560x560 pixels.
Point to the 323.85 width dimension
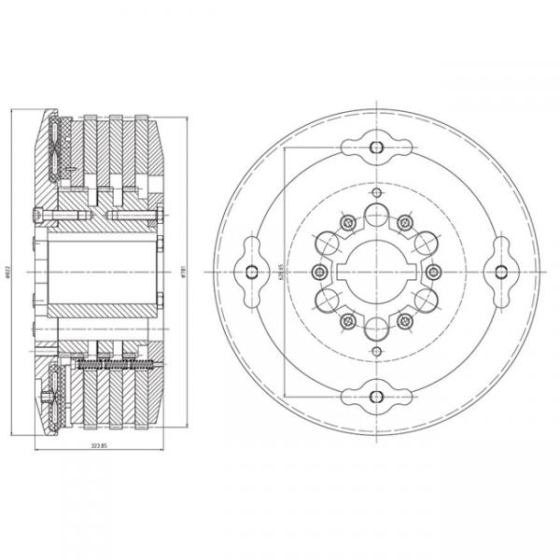(x=99, y=446)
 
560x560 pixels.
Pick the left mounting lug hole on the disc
(x=252, y=272)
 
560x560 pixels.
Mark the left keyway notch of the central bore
(x=348, y=272)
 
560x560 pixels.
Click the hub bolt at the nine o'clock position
(x=320, y=272)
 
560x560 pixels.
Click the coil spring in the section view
(x=112, y=365)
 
